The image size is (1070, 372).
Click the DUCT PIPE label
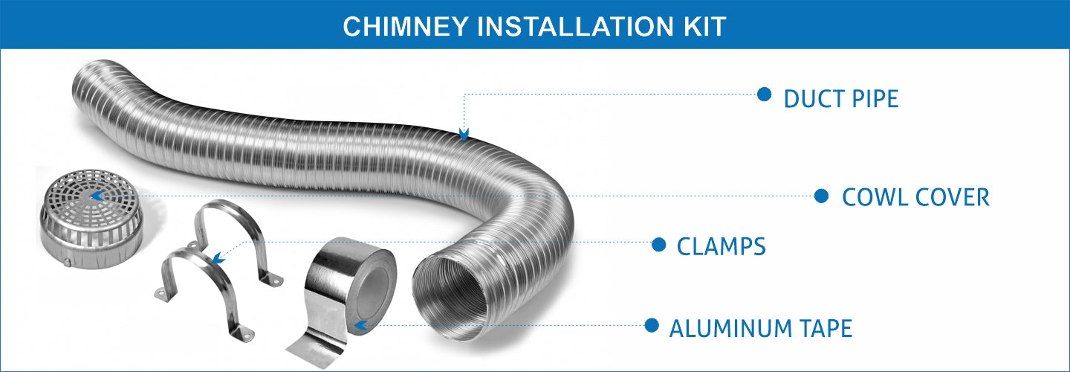[840, 98]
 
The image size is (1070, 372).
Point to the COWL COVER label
[915, 197]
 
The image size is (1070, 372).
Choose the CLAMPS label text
[721, 246]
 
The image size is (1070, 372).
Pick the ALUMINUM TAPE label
[760, 327]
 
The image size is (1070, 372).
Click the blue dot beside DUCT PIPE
[764, 94]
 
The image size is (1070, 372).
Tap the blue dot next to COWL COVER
[821, 196]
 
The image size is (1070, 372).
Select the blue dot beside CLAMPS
[658, 244]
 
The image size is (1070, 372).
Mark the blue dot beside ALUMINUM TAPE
[652, 325]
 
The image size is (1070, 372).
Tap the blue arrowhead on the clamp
[217, 259]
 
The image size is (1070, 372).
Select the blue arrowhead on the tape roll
[360, 325]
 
